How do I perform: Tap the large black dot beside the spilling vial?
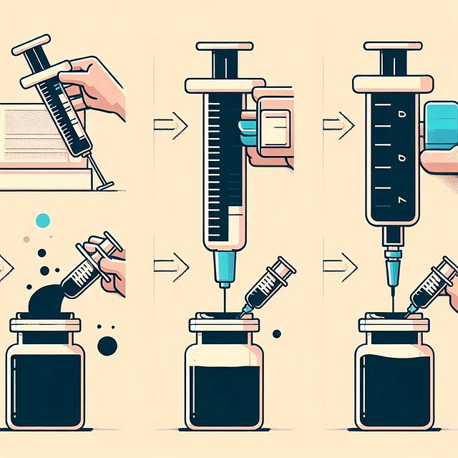coord(107,346)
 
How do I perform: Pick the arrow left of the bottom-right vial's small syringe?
coord(338,267)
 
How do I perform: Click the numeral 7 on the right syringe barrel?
coord(401,198)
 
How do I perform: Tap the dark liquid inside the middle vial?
coord(223,394)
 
